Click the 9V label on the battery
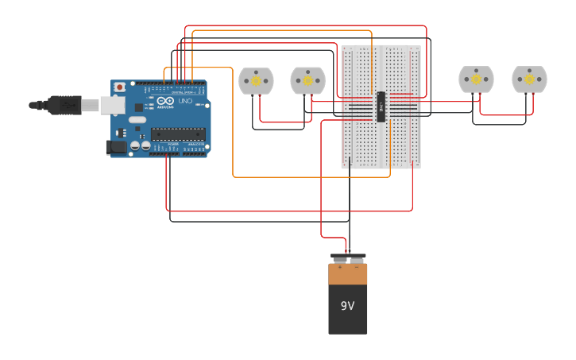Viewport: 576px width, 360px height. click(347, 306)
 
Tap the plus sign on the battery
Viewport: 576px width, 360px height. click(340, 268)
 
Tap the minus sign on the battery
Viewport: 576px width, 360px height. click(356, 268)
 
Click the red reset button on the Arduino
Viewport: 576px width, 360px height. click(119, 87)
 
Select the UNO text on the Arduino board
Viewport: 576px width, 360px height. click(184, 102)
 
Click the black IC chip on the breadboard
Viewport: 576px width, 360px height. click(381, 107)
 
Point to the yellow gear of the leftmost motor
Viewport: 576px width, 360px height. click(256, 79)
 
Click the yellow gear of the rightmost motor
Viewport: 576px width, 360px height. click(529, 79)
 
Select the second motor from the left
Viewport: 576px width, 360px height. click(307, 80)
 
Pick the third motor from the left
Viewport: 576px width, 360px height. click(476, 79)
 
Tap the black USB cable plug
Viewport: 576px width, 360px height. click(64, 104)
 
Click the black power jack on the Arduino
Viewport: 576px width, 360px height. click(116, 146)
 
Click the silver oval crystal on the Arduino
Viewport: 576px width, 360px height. click(137, 120)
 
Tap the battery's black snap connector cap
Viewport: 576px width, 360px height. click(348, 257)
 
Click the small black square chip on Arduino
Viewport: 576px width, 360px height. click(138, 106)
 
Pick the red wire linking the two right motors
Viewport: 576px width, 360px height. click(502, 115)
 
